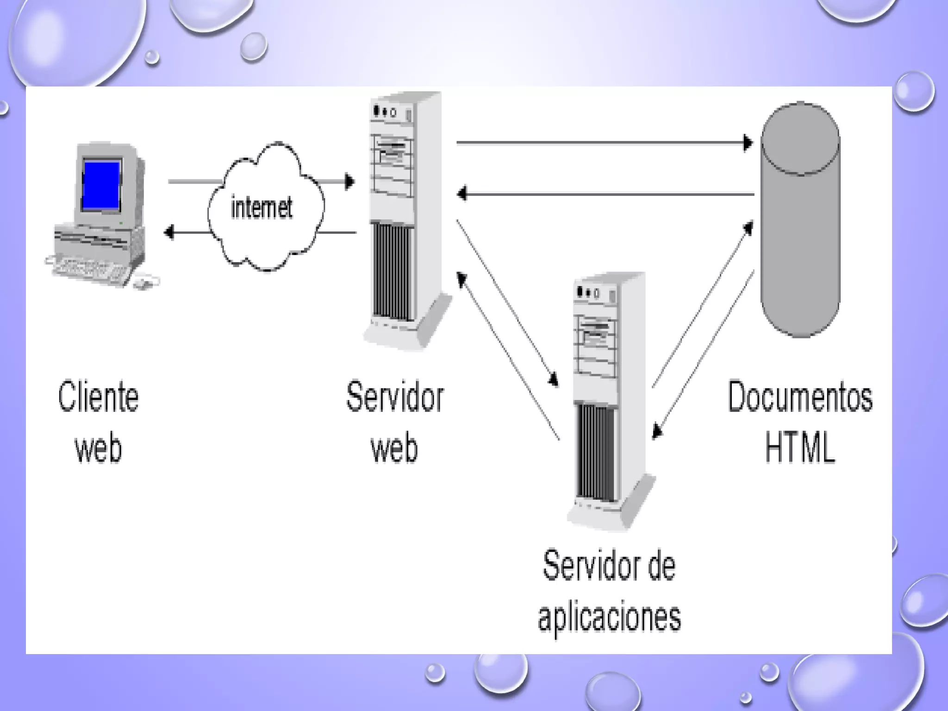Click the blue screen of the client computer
(101, 185)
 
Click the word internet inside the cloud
(262, 208)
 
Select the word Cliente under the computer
(98, 397)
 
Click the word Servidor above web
(395, 397)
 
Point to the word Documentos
(800, 397)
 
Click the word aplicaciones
(609, 617)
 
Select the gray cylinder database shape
(800, 222)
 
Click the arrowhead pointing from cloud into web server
(350, 181)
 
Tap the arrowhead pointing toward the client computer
(169, 231)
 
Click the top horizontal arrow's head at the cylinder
(748, 143)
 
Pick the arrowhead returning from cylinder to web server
(462, 193)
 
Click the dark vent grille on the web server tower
(392, 272)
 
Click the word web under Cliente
(98, 448)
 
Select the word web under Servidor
(394, 448)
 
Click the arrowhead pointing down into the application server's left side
(553, 380)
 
